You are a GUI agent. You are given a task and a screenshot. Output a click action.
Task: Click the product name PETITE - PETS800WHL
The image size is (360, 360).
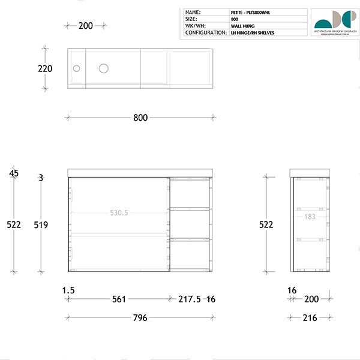[x=251, y=12]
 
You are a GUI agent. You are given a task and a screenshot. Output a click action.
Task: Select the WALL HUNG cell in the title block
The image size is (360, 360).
[x=244, y=26]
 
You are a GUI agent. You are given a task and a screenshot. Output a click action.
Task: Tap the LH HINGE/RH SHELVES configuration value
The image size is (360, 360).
[x=253, y=33]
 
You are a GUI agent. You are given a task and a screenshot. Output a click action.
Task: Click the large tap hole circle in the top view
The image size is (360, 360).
[x=104, y=68]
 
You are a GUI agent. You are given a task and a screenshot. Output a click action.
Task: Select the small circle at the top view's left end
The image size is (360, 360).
[x=76, y=68]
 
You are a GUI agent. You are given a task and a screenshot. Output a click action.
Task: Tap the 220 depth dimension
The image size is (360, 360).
[x=45, y=69]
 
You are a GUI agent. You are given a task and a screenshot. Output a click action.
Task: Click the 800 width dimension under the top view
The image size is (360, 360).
[x=140, y=118]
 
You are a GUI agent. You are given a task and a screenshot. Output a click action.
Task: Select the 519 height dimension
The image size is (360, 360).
[x=41, y=225]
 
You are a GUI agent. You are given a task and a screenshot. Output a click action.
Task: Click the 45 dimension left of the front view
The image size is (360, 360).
[x=14, y=173]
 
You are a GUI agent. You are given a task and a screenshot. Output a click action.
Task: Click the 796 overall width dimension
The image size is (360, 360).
[x=140, y=318]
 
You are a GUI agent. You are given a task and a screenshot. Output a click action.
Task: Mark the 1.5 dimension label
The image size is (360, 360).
[x=68, y=290]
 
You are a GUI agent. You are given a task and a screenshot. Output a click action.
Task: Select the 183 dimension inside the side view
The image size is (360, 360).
[x=310, y=217]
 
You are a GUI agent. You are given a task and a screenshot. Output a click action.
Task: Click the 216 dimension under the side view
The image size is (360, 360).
[x=310, y=318]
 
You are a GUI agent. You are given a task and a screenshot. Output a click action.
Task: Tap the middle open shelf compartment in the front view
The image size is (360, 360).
[x=190, y=224]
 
